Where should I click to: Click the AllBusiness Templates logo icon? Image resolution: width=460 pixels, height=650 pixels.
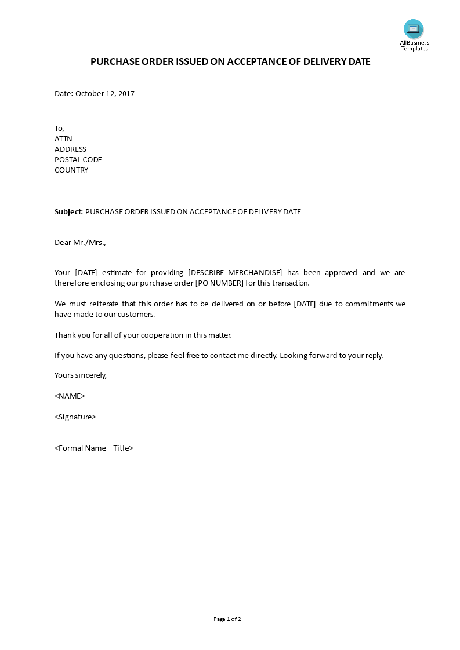point(414,29)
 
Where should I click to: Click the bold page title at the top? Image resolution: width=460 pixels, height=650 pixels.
point(230,62)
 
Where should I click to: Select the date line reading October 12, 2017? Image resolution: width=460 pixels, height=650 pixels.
point(95,93)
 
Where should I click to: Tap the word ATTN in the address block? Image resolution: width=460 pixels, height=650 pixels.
point(63,138)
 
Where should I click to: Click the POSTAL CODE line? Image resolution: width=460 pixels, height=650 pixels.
point(78,159)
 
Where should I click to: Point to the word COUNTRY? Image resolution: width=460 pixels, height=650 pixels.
point(71,170)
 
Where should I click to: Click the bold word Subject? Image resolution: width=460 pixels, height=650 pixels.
point(69,211)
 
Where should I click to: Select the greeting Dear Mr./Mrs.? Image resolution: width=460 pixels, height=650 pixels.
point(81,242)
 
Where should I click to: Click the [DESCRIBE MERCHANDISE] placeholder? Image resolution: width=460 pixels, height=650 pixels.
point(235,272)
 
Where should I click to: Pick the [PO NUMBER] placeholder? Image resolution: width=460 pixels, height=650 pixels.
point(219,283)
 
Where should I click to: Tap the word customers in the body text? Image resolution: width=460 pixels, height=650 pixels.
point(137,314)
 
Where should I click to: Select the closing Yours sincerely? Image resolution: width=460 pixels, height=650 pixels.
point(81,375)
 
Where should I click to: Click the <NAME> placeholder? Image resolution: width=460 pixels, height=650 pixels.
point(70,396)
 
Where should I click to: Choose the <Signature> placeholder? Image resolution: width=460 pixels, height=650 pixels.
point(75,417)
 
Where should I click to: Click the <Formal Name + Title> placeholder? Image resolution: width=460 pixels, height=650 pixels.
point(94,448)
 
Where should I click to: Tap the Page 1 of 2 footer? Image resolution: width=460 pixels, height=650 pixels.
point(227,619)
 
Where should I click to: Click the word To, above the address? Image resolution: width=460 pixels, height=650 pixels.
point(59,128)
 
